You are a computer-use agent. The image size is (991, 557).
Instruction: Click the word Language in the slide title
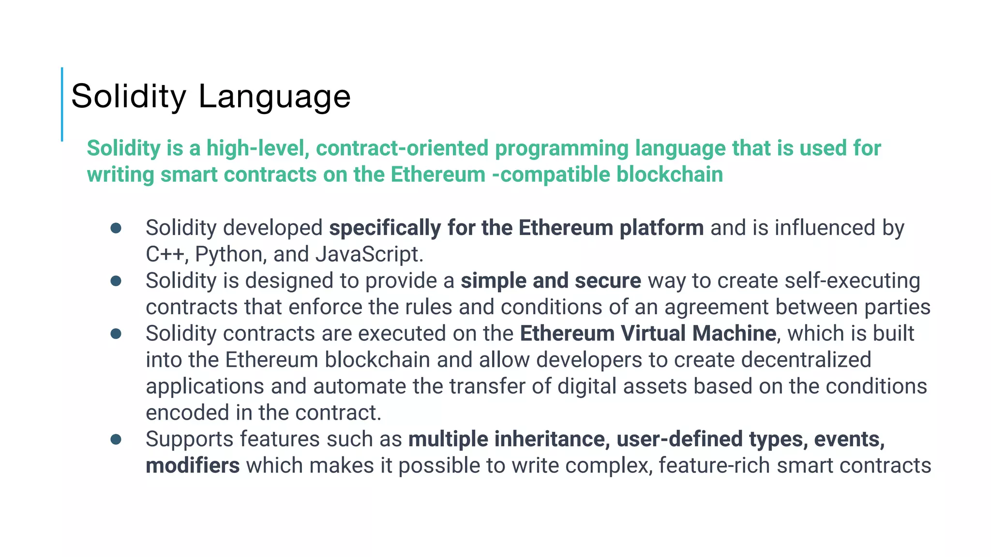pos(274,97)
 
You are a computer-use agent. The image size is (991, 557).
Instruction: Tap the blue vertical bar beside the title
pos(62,104)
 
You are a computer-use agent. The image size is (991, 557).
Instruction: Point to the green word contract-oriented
pos(402,148)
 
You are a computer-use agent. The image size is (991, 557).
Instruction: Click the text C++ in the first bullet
pos(165,254)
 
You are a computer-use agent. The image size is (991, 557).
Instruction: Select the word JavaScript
pos(369,254)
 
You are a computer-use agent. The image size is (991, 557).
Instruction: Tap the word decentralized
pos(806,360)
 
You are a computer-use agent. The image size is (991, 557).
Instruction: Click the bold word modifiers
pos(193,466)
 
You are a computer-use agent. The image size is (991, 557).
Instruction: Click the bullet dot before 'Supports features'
pos(116,439)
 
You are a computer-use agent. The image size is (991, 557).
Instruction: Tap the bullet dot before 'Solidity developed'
pos(116,228)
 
